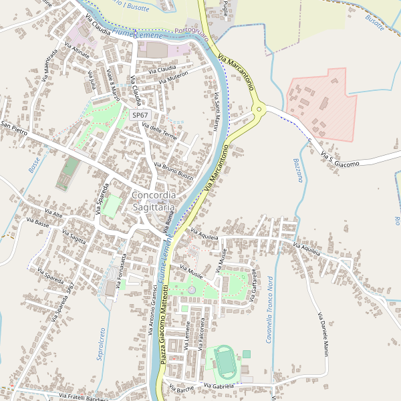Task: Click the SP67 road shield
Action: [x=140, y=115]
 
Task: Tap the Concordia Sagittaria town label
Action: [x=154, y=201]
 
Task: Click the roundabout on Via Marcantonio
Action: [x=257, y=110]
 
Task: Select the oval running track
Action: [x=224, y=362]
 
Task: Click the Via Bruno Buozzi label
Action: [x=174, y=171]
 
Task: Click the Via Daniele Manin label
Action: [x=323, y=334]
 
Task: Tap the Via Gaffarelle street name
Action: [x=254, y=287]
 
